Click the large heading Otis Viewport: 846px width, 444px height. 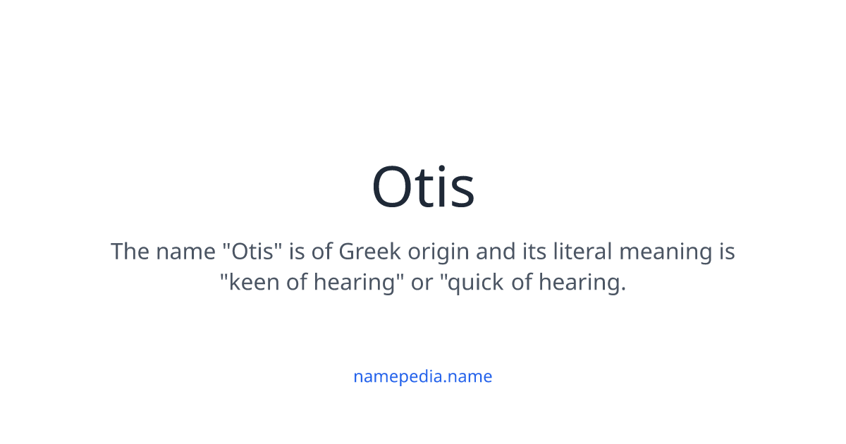423,187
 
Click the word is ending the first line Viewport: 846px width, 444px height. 726,252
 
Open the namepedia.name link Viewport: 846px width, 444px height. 422,376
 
